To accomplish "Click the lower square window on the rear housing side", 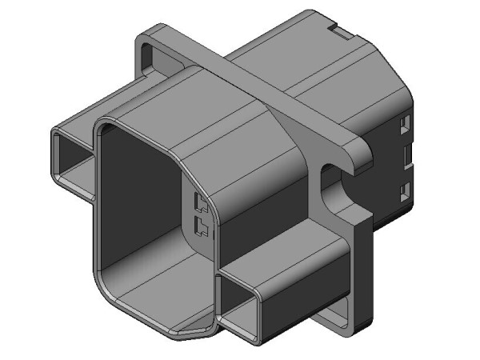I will click(x=404, y=190).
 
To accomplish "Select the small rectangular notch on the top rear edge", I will click(x=342, y=33).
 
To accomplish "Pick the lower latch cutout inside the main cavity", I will click(x=200, y=229).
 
